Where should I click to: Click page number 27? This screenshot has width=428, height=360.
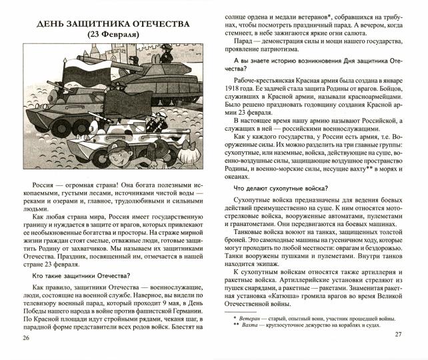(399, 334)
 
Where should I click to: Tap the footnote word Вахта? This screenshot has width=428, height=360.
(250, 330)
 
